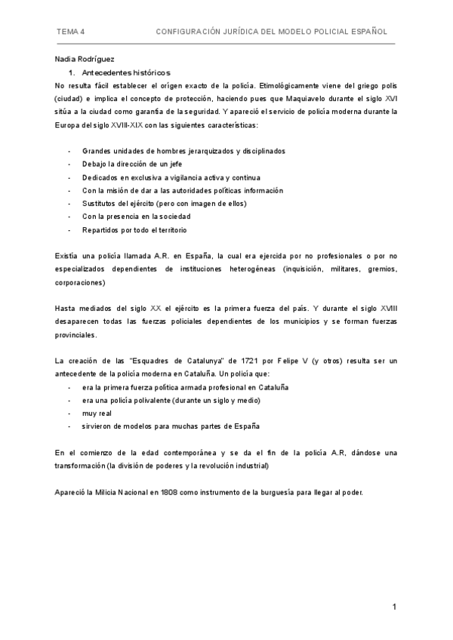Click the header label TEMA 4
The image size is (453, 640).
coord(71,32)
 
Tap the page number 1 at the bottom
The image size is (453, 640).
coord(394,607)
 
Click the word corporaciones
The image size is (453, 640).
coord(80,282)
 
